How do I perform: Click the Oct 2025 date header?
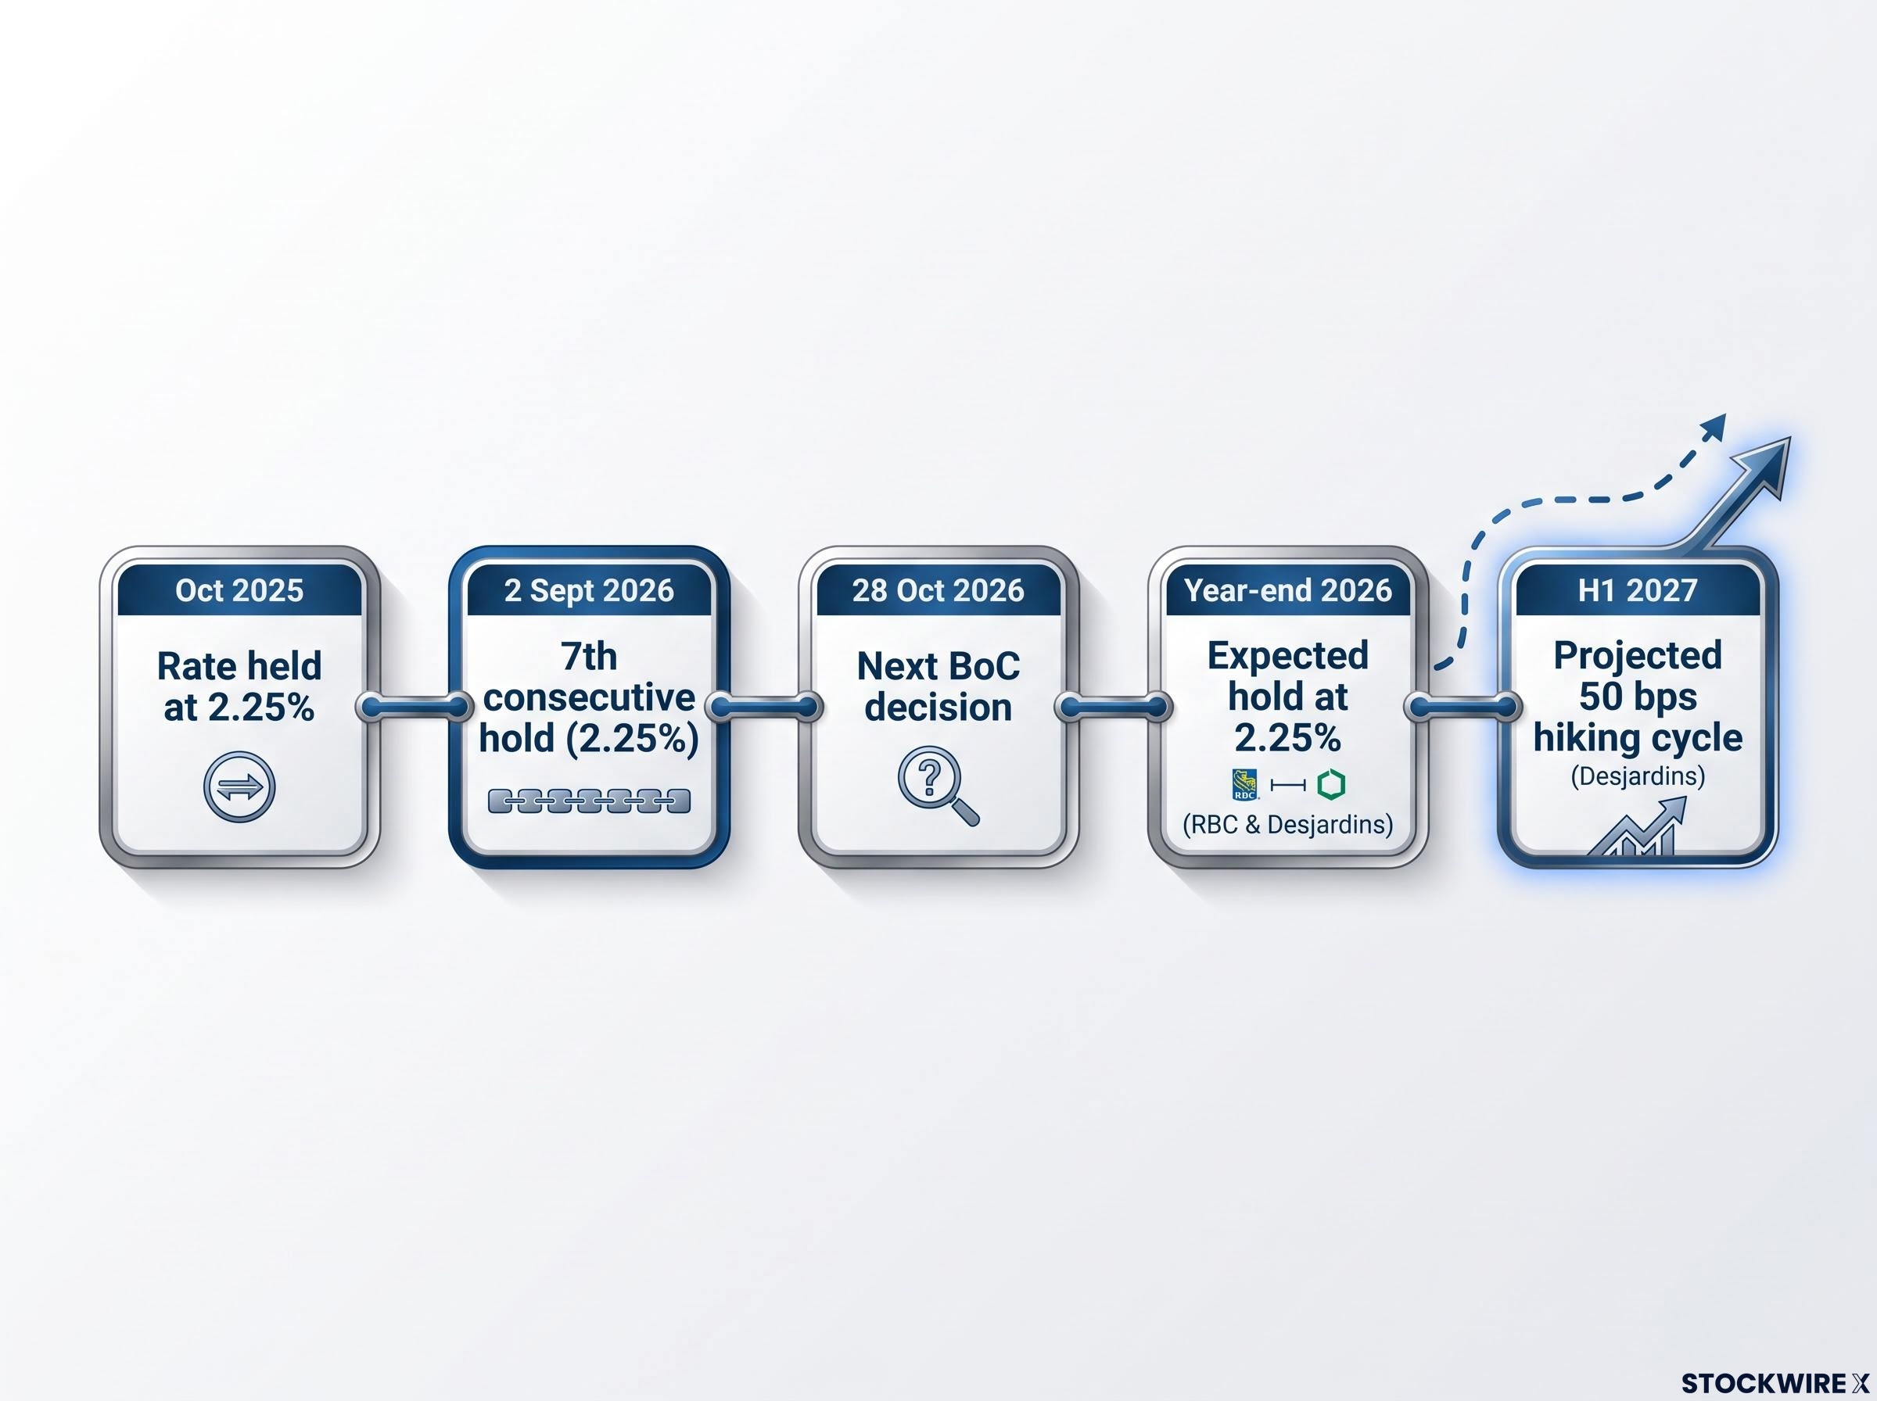pos(239,590)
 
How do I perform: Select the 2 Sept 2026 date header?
pos(589,590)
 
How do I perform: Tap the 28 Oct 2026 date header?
pos(938,590)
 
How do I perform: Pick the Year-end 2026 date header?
pos(1287,590)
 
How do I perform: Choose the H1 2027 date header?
pos(1637,590)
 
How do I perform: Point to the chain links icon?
pos(590,801)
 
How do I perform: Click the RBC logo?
pos(1245,784)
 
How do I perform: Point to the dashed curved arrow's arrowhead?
pos(1714,427)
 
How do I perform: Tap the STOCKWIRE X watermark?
pos(1775,1383)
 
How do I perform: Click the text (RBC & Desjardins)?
pos(1287,824)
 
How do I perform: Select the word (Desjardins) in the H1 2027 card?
pos(1637,776)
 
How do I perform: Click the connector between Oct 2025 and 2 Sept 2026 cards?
pos(414,706)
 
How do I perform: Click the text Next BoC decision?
pos(938,686)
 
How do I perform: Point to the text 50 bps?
pos(1637,697)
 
